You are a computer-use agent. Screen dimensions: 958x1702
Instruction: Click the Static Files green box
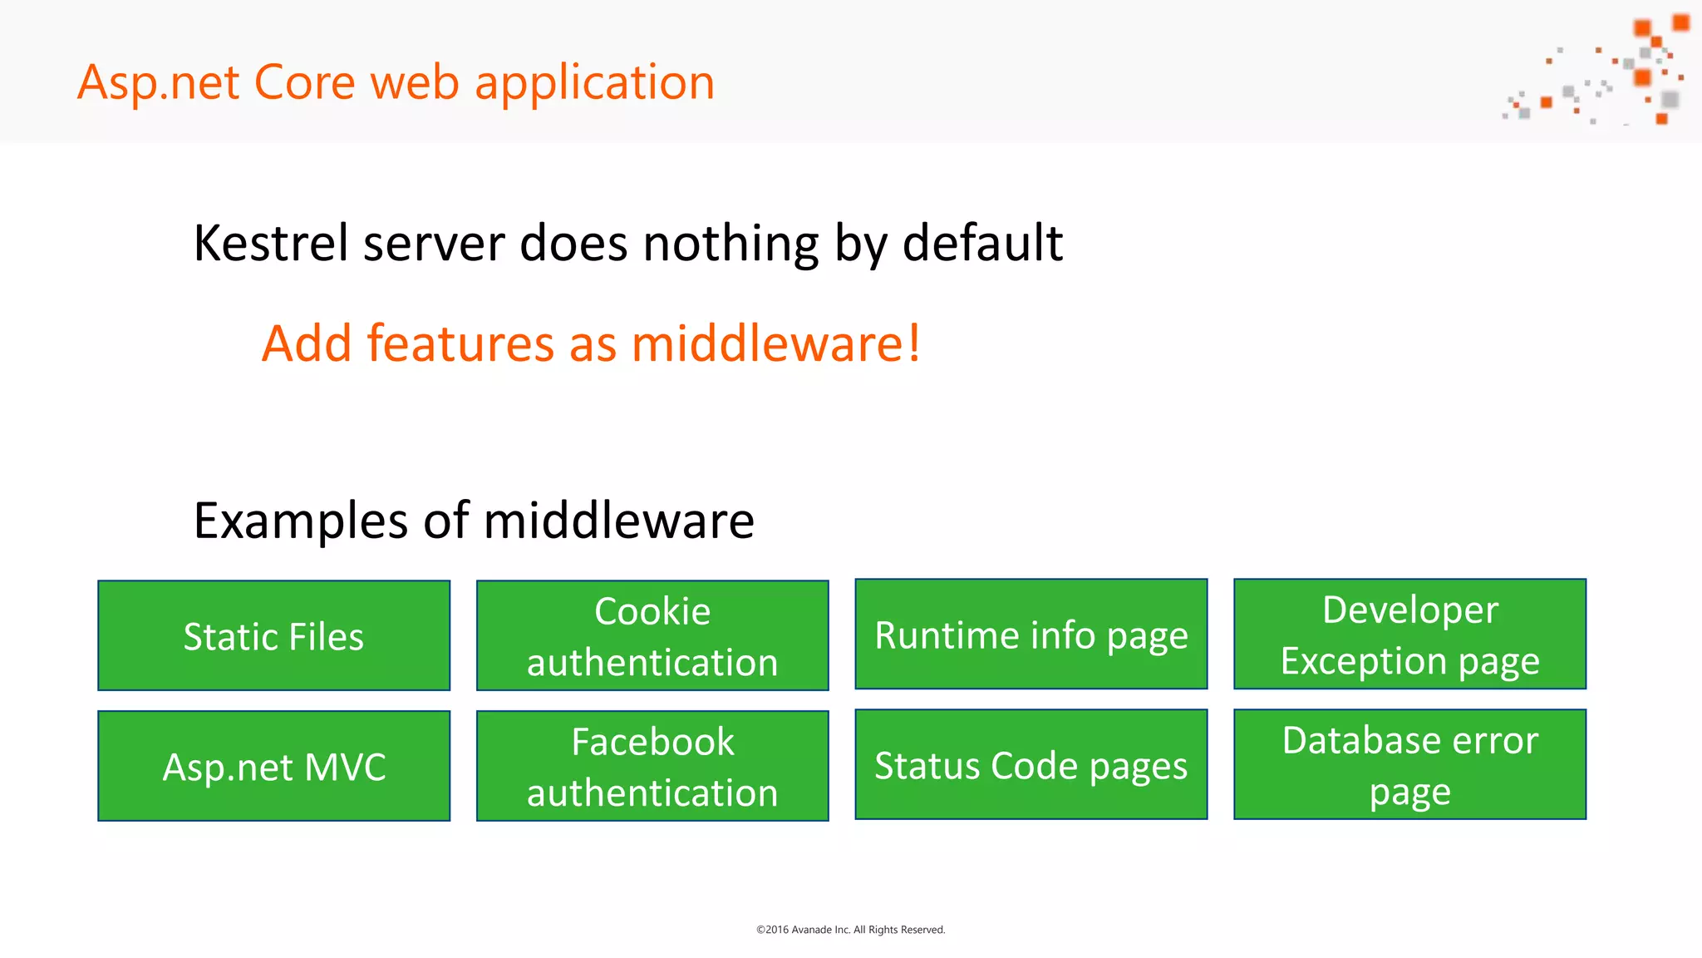(x=273, y=635)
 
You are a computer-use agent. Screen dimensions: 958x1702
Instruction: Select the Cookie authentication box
(x=652, y=635)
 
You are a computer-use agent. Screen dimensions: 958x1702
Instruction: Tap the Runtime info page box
(x=1031, y=634)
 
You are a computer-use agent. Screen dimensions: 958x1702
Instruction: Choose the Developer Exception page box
(x=1409, y=634)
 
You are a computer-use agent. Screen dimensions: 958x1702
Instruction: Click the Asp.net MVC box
(x=273, y=766)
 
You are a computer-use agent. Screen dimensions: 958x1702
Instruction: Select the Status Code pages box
(x=1031, y=764)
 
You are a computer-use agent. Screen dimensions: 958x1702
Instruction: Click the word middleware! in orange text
(x=776, y=343)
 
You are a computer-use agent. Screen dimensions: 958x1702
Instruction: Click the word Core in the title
(x=304, y=82)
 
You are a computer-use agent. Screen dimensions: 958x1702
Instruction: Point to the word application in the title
(x=594, y=84)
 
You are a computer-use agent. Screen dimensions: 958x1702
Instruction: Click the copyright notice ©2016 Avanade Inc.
(x=850, y=930)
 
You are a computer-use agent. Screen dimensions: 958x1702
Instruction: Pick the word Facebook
(x=652, y=742)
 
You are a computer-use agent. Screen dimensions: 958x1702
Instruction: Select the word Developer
(x=1409, y=610)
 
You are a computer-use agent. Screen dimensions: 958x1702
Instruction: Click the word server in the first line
(x=433, y=244)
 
